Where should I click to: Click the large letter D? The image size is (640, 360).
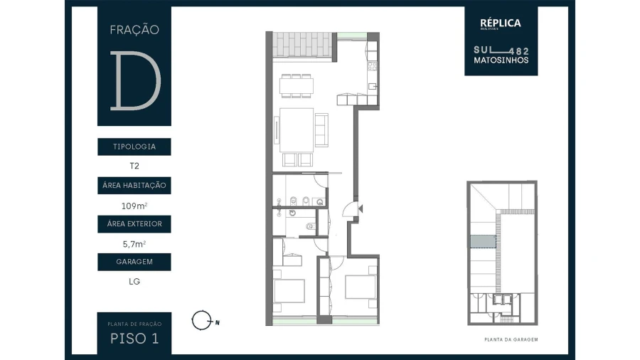[x=134, y=80]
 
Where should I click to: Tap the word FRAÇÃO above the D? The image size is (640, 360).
[x=134, y=30]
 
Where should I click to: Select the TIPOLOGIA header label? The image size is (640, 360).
[x=134, y=147]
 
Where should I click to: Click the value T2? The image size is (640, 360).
[x=134, y=166]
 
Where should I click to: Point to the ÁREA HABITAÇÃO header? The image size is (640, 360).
[x=134, y=186]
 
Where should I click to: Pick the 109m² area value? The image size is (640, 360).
[x=134, y=206]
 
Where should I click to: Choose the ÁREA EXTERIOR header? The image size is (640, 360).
[x=134, y=224]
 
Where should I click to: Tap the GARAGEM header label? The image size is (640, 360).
[x=134, y=262]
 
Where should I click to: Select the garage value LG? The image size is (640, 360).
[x=134, y=281]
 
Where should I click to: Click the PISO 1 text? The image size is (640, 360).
[x=134, y=339]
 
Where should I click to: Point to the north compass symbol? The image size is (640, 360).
[x=202, y=321]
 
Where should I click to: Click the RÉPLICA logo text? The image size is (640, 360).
[x=500, y=23]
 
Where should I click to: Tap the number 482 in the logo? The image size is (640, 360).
[x=521, y=51]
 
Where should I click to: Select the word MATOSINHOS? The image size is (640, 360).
[x=501, y=60]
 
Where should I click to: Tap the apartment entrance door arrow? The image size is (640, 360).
[x=361, y=208]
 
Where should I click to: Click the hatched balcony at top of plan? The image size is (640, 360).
[x=304, y=46]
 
